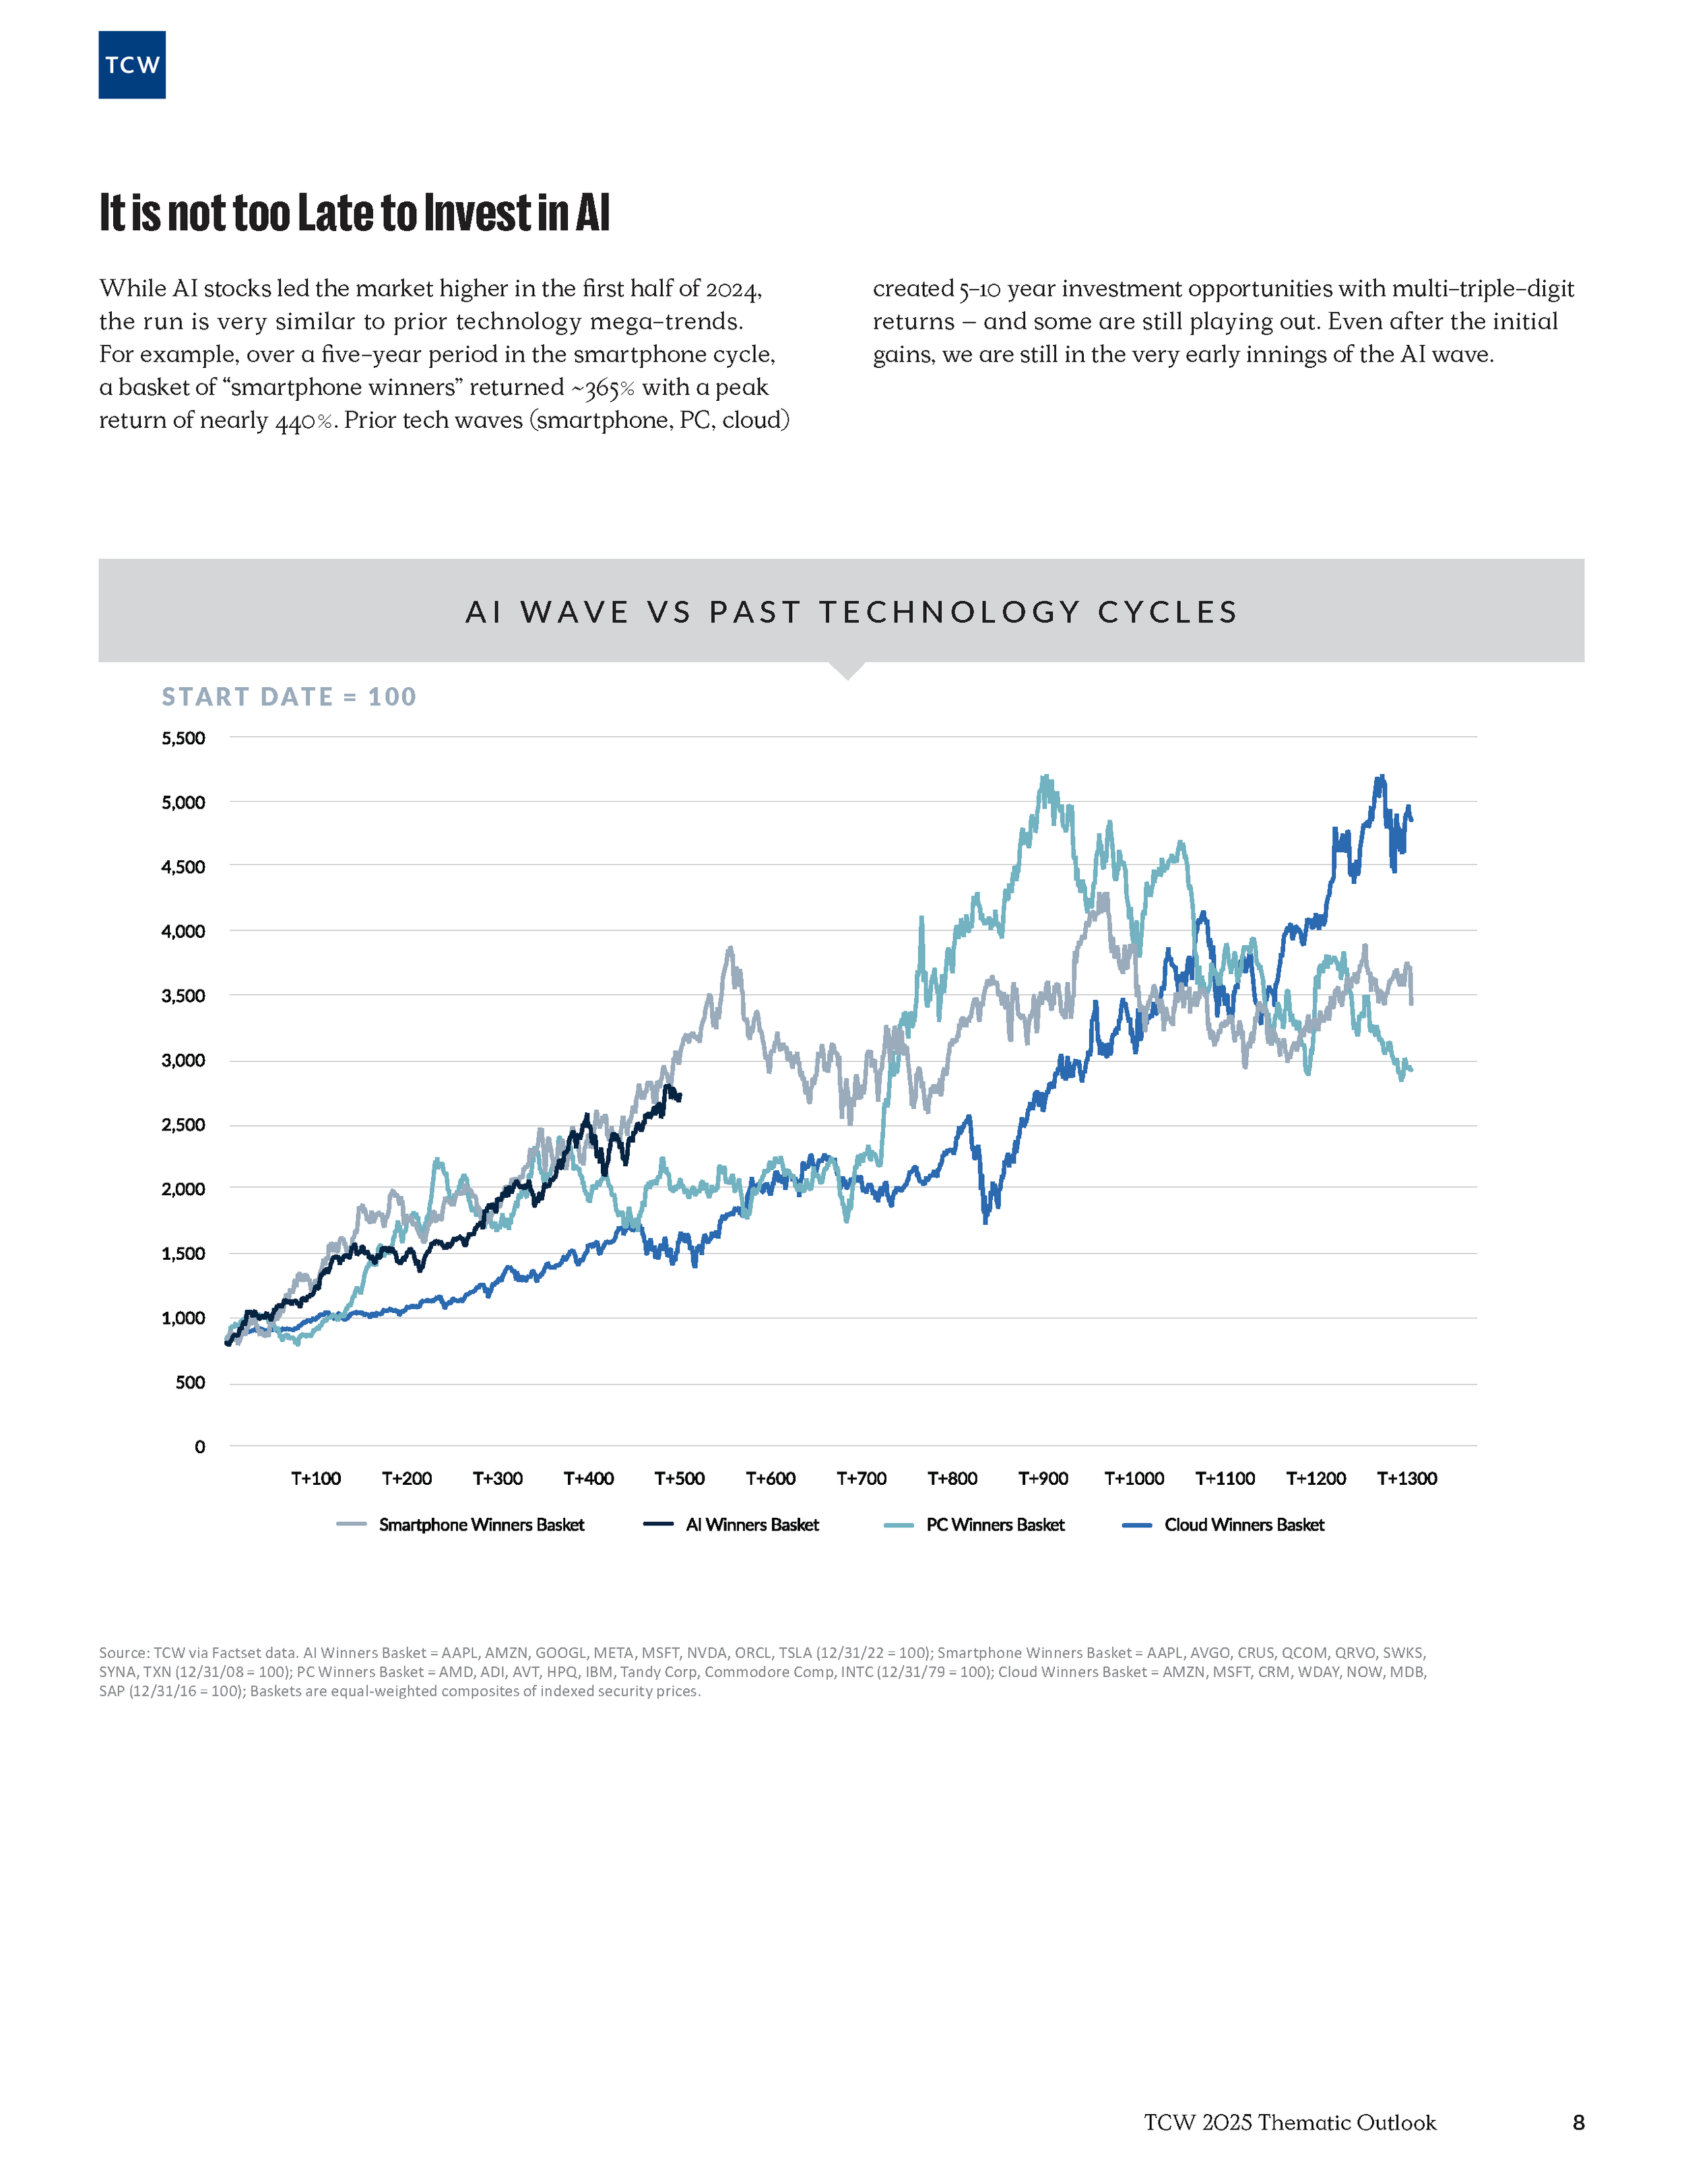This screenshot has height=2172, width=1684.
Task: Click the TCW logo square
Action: (x=131, y=65)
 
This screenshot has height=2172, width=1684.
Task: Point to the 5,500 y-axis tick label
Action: (x=183, y=738)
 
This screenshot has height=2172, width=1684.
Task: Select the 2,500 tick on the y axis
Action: (x=183, y=1125)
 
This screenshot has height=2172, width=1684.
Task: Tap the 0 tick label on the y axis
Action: (x=200, y=1447)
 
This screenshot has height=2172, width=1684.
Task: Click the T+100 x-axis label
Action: (x=315, y=1479)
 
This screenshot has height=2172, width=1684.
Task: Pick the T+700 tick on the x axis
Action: (x=861, y=1479)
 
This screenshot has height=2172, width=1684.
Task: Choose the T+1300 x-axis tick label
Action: (x=1406, y=1479)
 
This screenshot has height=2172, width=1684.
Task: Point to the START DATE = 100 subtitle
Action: (x=288, y=697)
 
